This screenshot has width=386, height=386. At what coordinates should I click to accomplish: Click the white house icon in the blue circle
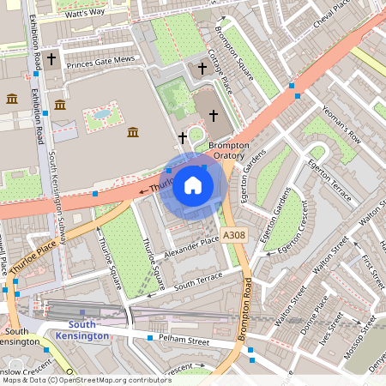[193, 184]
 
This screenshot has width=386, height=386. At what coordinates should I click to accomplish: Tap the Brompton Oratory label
[227, 151]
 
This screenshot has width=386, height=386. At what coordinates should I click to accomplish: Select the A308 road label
[233, 235]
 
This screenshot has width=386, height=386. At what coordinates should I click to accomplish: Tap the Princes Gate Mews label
[101, 60]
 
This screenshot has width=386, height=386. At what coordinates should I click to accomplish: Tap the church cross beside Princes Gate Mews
[52, 59]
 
